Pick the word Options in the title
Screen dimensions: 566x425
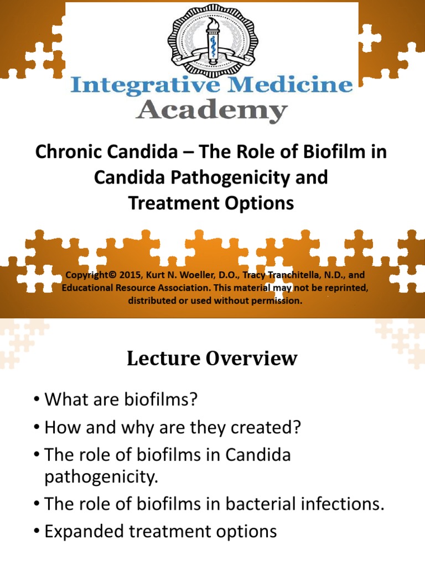click(263, 203)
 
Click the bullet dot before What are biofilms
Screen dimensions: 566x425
click(37, 400)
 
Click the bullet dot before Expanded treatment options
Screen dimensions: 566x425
click(37, 531)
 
